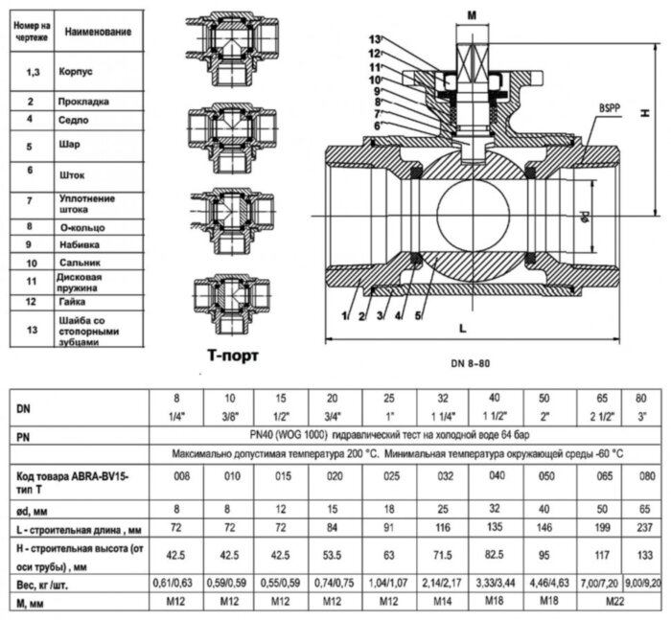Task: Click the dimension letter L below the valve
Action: [463, 328]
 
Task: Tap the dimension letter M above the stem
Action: [471, 14]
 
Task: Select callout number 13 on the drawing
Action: [376, 38]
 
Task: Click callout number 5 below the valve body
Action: [417, 314]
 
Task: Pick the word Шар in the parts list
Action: [69, 144]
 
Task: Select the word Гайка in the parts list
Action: [75, 302]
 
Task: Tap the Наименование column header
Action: [98, 32]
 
